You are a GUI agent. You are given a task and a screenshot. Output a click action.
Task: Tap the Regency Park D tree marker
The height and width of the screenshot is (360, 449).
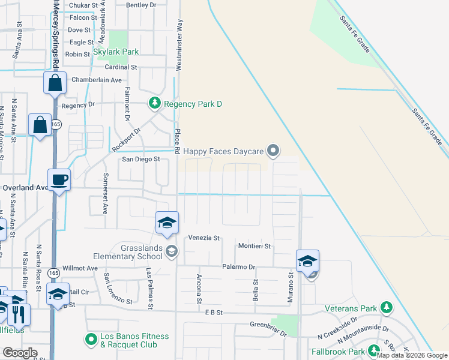(x=155, y=104)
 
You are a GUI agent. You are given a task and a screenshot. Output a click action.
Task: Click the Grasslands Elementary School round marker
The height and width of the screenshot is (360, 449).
(x=172, y=251)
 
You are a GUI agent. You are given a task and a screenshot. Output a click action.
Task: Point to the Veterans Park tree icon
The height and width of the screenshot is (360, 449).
(x=387, y=308)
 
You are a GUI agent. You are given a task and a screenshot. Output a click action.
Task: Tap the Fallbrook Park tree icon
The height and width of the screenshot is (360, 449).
(x=375, y=351)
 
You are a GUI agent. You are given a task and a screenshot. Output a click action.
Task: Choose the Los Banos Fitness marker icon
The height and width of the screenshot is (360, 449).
(x=91, y=340)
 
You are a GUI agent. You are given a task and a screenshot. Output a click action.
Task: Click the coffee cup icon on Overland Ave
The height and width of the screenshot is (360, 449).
(x=59, y=179)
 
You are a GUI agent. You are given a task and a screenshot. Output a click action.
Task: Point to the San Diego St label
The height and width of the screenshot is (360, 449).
(x=140, y=159)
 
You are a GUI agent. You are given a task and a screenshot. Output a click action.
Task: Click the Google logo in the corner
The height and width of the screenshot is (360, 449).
(x=19, y=353)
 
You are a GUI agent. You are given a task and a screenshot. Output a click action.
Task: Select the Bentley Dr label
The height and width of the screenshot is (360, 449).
(x=141, y=5)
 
